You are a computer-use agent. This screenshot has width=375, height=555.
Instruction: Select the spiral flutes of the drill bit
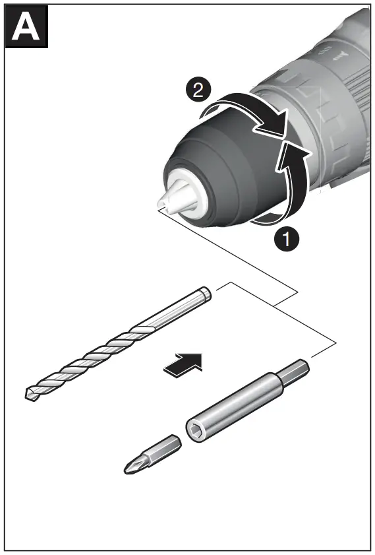[x=92, y=357]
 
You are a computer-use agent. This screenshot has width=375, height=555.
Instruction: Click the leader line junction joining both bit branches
[x=273, y=306]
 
